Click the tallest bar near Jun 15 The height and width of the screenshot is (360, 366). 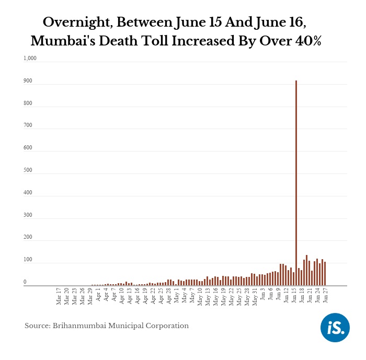click(296, 183)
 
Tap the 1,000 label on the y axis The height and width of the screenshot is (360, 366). click(30, 59)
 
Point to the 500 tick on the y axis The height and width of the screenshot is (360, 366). click(28, 170)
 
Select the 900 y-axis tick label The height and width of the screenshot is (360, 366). click(28, 81)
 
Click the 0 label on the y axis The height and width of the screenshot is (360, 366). click(25, 282)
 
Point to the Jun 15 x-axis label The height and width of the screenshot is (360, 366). click(295, 296)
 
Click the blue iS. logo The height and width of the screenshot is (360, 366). click(335, 328)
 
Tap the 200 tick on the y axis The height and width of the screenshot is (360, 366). click(28, 237)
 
